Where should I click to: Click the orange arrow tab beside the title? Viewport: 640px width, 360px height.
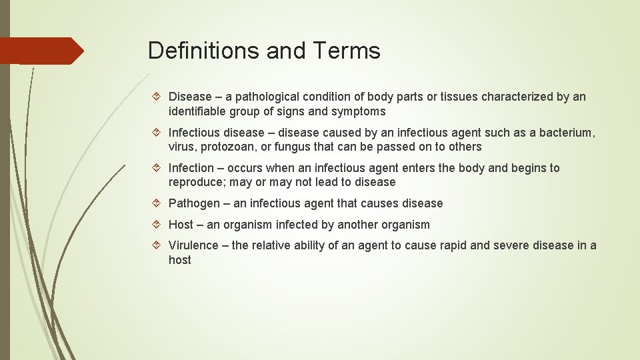pyautogui.click(x=41, y=51)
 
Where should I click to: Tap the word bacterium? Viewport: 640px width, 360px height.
pyautogui.click(x=563, y=133)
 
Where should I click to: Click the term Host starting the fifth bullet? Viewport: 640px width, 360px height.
pyautogui.click(x=181, y=225)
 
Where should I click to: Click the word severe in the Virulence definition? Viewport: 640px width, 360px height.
pyautogui.click(x=511, y=245)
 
